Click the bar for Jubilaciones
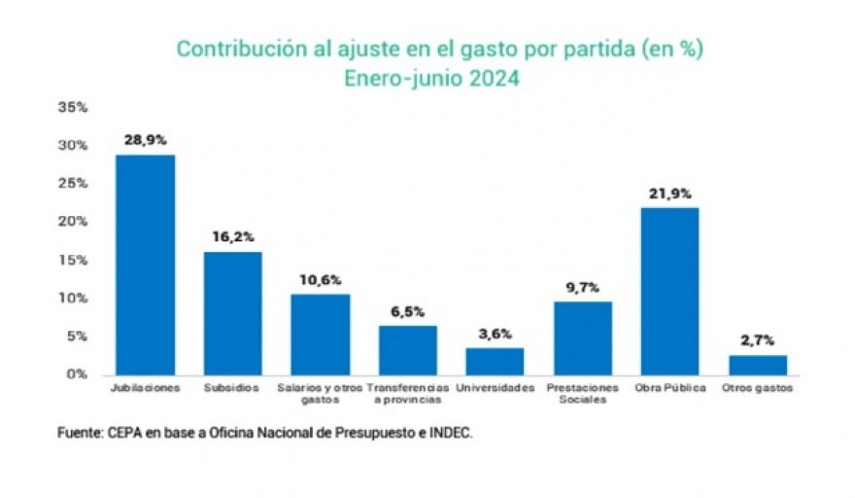[x=145, y=264]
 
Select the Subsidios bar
[x=232, y=312]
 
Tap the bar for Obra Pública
[x=668, y=291]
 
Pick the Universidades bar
[x=495, y=361]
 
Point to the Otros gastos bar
[x=758, y=365]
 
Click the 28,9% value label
[x=145, y=140]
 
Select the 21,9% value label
[x=668, y=194]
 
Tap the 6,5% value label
[x=408, y=311]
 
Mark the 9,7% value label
[x=582, y=287]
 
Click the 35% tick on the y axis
[x=73, y=107]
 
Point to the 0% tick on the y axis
[x=77, y=374]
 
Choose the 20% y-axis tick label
[x=73, y=222]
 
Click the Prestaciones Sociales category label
[x=582, y=394]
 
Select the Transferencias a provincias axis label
[x=408, y=394]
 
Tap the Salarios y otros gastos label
[x=320, y=394]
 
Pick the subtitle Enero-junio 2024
[x=431, y=80]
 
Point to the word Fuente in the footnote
[x=78, y=435]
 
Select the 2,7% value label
[x=758, y=340]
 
